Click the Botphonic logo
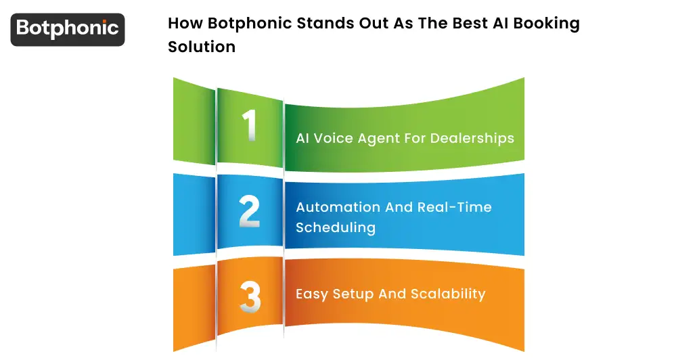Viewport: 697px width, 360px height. pos(68,29)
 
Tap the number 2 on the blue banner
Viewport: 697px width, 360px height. pos(249,212)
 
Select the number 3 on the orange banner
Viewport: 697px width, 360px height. pos(250,296)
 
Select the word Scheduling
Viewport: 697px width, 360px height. pos(336,227)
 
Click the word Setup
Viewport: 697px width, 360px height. pos(353,294)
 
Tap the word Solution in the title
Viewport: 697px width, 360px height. pos(202,47)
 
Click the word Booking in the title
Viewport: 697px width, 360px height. pos(547,24)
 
